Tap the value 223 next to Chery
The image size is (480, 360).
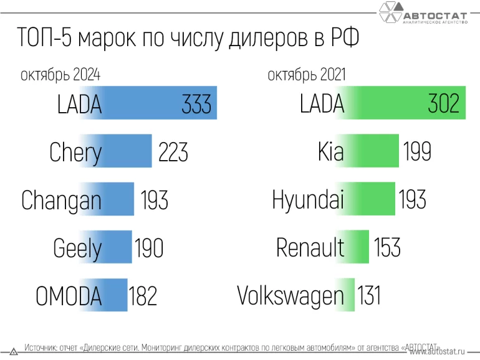tap(173, 151)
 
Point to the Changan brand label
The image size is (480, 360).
tap(61, 200)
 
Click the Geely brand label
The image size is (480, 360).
tap(77, 248)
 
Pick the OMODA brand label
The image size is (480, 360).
tap(68, 296)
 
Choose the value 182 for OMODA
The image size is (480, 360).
tap(143, 296)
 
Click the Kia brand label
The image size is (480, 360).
tap(330, 152)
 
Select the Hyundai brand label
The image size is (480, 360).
tap(308, 200)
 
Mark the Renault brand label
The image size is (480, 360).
tap(310, 248)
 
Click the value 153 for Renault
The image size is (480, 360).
tap(387, 247)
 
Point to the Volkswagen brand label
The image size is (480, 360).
tap(290, 295)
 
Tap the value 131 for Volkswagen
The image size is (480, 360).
tap(369, 295)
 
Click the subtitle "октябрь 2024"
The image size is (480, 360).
tap(60, 75)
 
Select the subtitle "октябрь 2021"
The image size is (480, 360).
tap(307, 75)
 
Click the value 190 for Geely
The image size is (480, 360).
tap(149, 248)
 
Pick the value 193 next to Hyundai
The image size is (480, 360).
tap(411, 199)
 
